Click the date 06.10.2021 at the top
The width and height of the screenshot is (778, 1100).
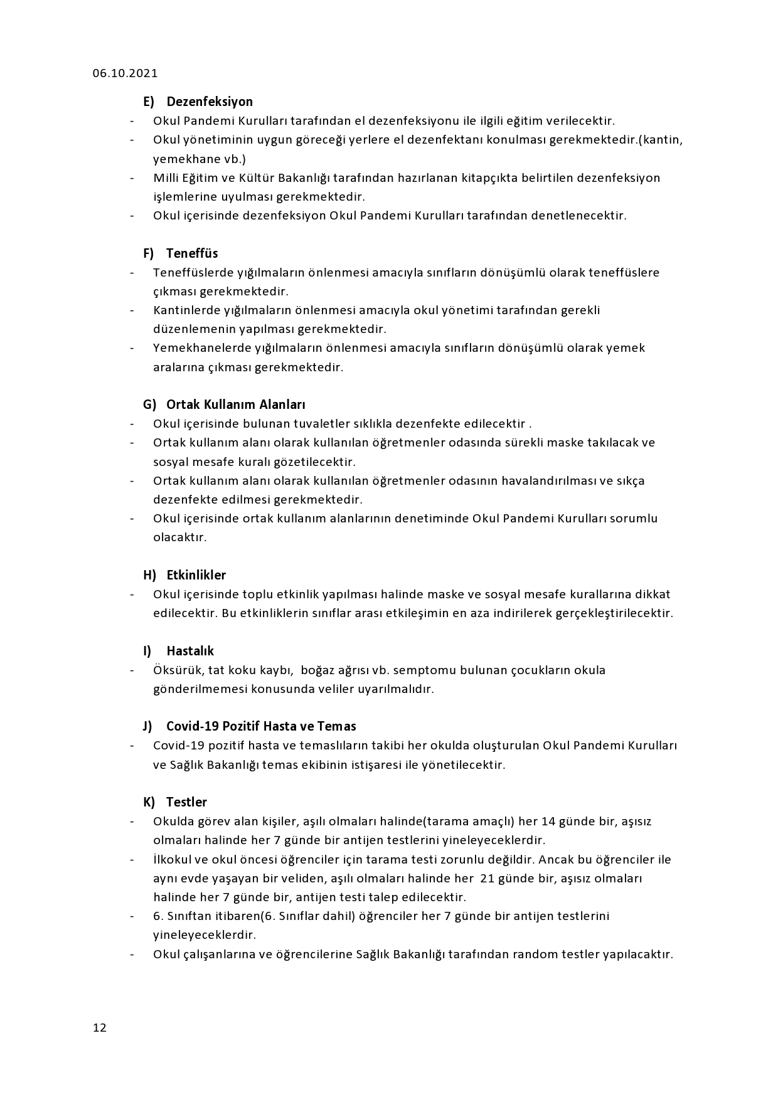[x=125, y=73]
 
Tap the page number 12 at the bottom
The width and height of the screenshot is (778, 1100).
[x=100, y=1027]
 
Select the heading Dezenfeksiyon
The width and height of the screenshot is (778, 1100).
[x=210, y=102]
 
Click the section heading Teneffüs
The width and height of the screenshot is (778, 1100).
[x=192, y=253]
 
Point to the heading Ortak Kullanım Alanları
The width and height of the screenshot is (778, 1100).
[x=235, y=405]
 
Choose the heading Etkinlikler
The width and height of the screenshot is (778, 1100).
[x=196, y=575]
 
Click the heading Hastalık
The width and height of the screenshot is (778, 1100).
[x=190, y=651]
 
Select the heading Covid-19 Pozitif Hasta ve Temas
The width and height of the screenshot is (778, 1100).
[x=261, y=726]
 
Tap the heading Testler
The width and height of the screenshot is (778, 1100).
[x=186, y=802]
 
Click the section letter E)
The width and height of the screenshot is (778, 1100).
[x=149, y=102]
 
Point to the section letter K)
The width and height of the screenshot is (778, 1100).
[x=149, y=802]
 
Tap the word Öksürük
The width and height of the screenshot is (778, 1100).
[x=177, y=670]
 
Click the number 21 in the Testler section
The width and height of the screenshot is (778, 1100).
[x=488, y=878]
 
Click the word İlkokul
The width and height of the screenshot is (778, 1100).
[x=173, y=859]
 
